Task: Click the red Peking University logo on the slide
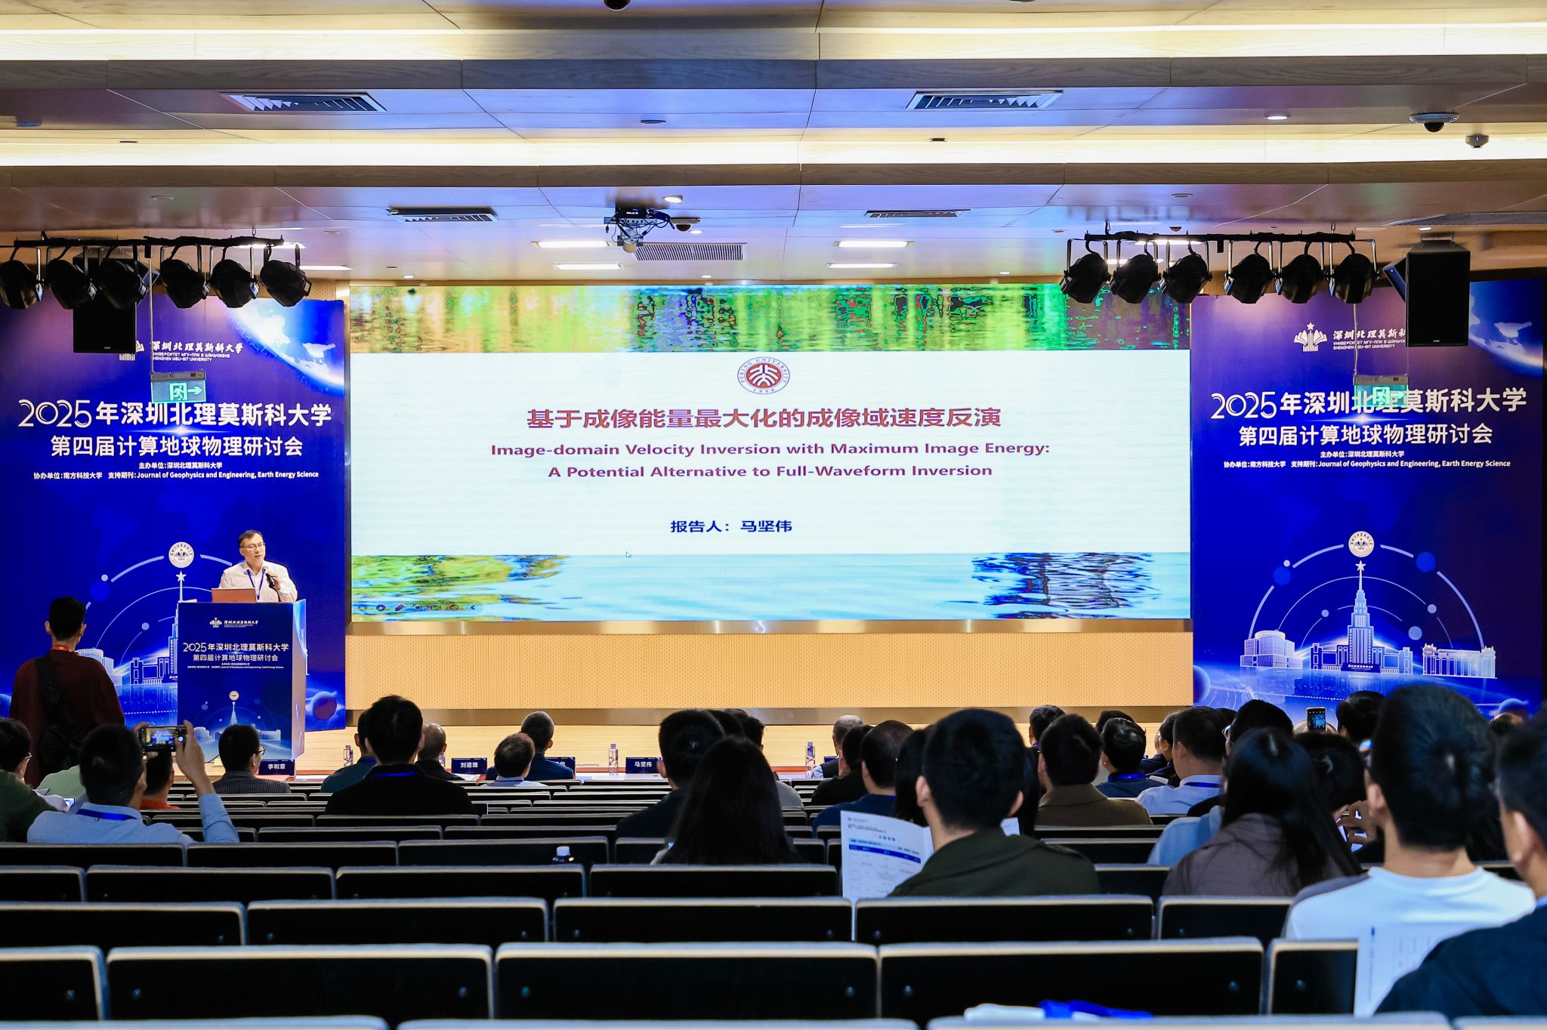764,375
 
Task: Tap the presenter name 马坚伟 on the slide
766,526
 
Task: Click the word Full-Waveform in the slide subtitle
849,471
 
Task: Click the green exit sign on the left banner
178,390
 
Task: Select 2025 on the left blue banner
55,415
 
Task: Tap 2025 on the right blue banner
1243,406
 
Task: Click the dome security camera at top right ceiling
1433,122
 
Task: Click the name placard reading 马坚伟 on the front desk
643,765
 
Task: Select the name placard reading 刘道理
469,764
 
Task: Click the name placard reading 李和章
276,766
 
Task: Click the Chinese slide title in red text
763,418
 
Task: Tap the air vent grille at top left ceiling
304,102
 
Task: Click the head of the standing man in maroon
66,618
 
